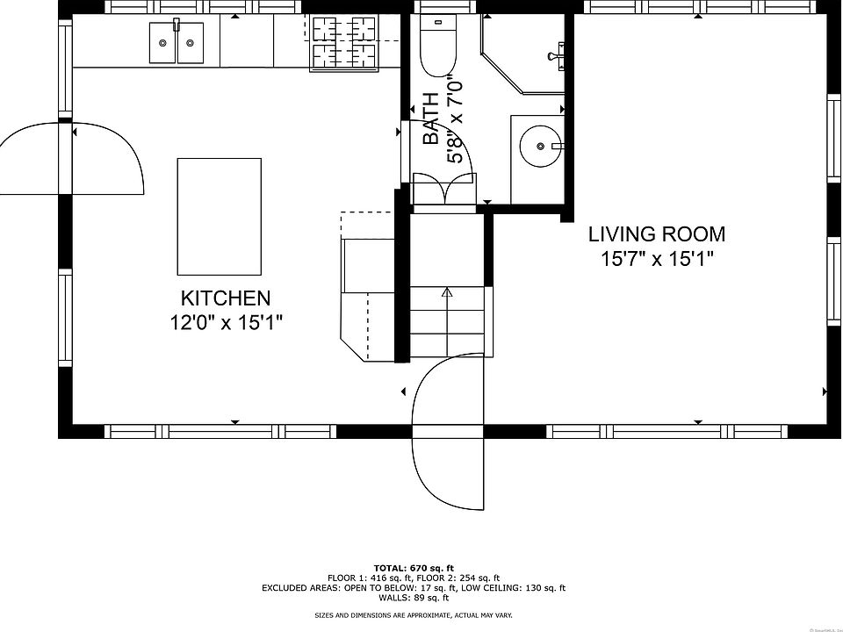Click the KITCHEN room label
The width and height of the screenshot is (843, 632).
pyautogui.click(x=226, y=298)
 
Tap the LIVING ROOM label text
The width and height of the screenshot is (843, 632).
pyautogui.click(x=657, y=234)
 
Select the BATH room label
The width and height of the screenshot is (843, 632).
pyautogui.click(x=430, y=118)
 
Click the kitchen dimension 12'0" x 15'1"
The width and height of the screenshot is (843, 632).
pyautogui.click(x=227, y=323)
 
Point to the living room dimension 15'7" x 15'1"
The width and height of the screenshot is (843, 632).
pyautogui.click(x=657, y=260)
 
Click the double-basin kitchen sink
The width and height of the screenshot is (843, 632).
pyautogui.click(x=177, y=42)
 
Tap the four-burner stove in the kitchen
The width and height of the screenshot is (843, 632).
pyautogui.click(x=342, y=42)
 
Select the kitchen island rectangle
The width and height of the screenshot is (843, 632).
pyautogui.click(x=220, y=217)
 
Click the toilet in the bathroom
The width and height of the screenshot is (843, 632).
pyautogui.click(x=437, y=46)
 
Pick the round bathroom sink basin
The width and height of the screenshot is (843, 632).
pyautogui.click(x=540, y=146)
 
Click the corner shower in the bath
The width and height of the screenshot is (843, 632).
pyautogui.click(x=522, y=54)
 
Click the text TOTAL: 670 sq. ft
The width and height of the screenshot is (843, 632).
pyautogui.click(x=414, y=568)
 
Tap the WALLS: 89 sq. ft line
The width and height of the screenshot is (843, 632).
pyautogui.click(x=414, y=598)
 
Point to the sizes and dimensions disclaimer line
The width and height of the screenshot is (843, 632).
pyautogui.click(x=414, y=615)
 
